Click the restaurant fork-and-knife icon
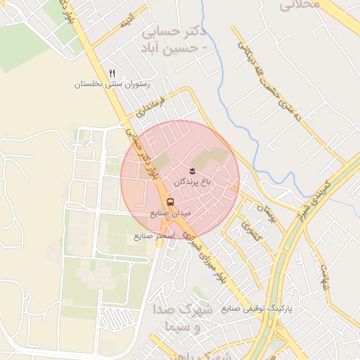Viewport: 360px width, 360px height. coord(112,73)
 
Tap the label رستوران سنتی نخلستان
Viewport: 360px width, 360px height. coord(113,84)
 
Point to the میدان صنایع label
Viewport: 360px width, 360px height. coord(170,212)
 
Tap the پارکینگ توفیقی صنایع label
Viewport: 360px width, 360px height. coord(256,309)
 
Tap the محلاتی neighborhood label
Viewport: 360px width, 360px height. coord(300,6)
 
